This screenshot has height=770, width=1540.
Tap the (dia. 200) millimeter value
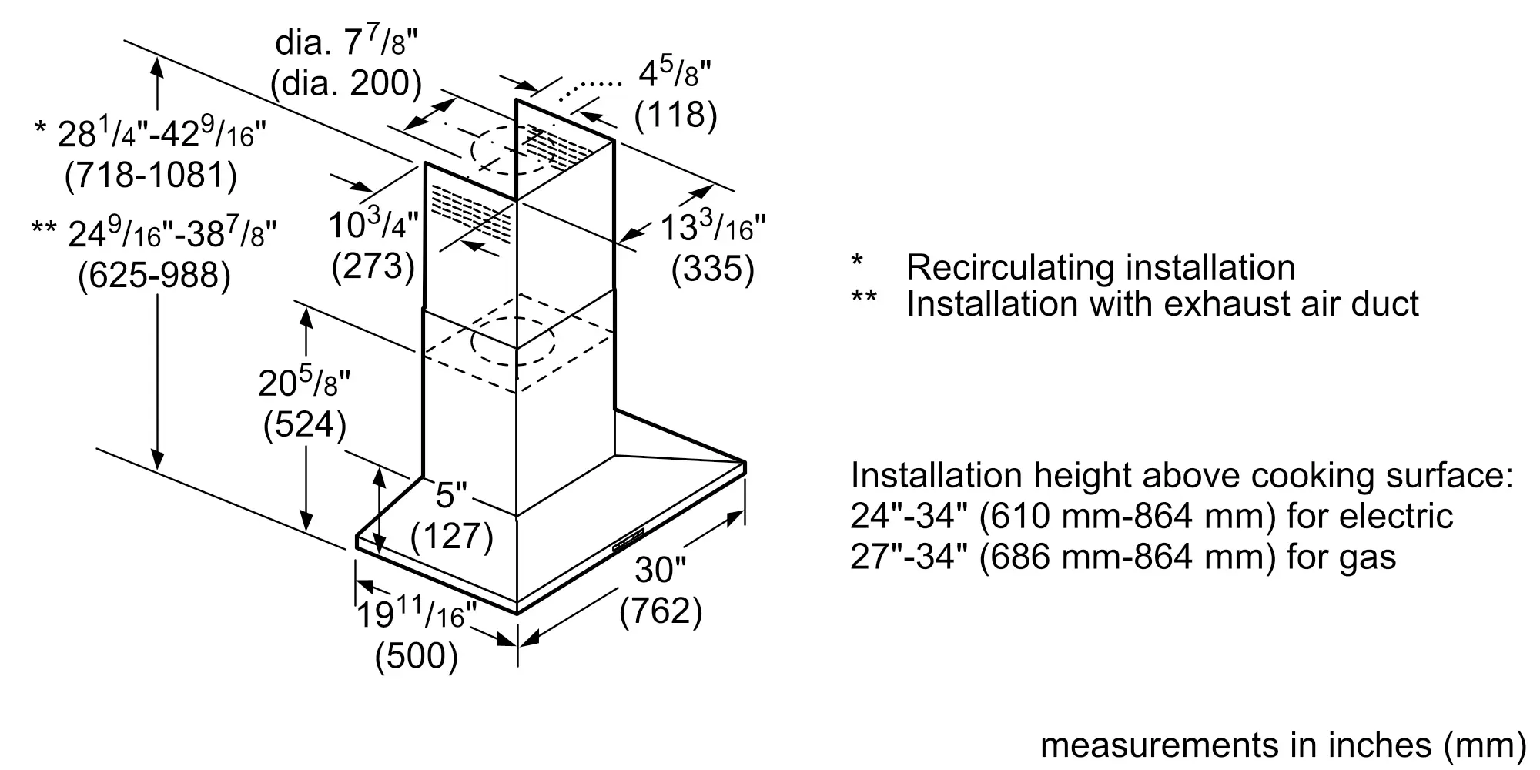(346, 83)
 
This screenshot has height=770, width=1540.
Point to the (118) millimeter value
(675, 115)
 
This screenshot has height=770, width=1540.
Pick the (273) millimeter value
(373, 266)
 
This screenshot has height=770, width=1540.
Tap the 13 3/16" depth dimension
(713, 228)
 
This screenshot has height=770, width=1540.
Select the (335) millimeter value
(713, 269)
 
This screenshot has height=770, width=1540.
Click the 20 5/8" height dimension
(304, 382)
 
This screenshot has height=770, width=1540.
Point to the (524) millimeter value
(305, 425)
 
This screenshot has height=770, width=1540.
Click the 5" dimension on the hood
(451, 495)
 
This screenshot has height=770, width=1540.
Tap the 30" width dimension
(660, 571)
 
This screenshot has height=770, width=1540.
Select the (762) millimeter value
(661, 611)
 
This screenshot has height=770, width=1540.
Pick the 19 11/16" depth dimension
(416, 615)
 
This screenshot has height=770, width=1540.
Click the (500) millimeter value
(417, 656)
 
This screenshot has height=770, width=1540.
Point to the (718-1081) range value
(151, 176)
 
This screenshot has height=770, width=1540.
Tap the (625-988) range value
(154, 276)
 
